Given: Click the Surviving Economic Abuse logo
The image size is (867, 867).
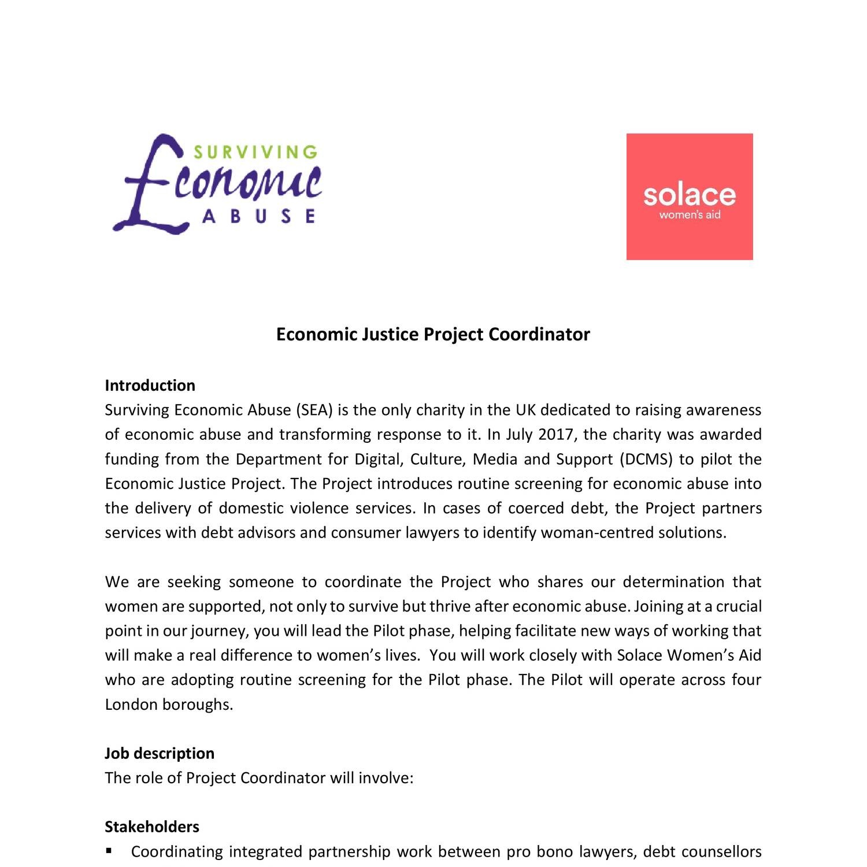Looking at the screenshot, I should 217,184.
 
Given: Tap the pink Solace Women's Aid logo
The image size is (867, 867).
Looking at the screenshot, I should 690,197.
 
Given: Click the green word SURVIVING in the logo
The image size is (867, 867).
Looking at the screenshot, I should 255,152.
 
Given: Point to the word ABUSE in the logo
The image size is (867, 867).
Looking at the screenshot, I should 259,216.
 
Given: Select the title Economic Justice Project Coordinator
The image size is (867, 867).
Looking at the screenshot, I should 433,334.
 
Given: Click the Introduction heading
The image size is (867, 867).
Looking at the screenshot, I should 150,386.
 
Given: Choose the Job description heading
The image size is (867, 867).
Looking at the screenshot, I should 159,753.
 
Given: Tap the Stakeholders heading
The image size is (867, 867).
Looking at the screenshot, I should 151,827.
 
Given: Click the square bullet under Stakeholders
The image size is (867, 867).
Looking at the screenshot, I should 109,851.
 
